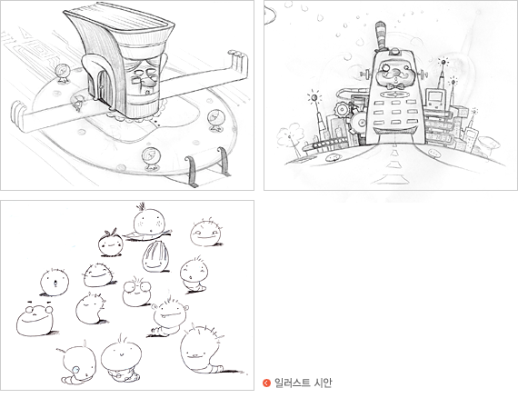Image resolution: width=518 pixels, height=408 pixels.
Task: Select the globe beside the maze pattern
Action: tap(63, 74)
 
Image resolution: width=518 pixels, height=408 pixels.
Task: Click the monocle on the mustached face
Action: tap(385, 69)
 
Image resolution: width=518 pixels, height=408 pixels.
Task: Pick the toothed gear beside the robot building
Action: tap(343, 109)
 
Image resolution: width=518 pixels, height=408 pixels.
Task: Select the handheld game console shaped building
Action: tap(434, 98)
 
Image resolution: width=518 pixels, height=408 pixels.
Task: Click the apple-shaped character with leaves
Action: tap(111, 243)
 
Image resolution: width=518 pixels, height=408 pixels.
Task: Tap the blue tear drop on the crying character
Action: tap(76, 369)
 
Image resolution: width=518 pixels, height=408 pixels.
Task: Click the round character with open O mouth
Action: tap(55, 283)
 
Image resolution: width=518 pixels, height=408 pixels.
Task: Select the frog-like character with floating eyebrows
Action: tap(35, 319)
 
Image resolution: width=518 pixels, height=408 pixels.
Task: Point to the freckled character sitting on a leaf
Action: tap(149, 222)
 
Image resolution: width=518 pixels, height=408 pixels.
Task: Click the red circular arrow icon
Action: tap(266, 383)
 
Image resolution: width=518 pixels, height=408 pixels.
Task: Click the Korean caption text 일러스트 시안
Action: tap(303, 383)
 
